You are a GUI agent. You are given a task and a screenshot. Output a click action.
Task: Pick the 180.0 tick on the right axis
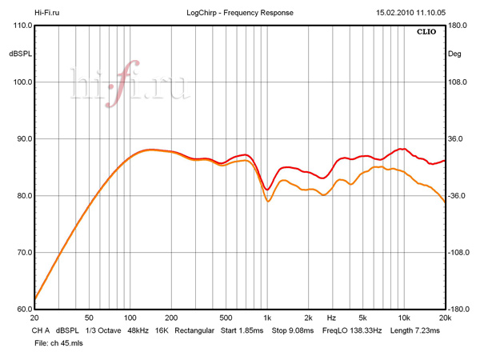pos(459,26)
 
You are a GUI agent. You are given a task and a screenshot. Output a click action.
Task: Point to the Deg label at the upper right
pos(455,54)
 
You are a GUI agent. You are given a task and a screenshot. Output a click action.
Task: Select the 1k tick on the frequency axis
pos(268,318)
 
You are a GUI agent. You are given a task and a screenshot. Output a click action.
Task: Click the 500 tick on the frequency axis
pos(226,318)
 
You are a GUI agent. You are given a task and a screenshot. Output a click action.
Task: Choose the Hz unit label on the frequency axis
pos(331,318)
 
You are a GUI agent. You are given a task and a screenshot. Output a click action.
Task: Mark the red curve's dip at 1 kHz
pos(268,190)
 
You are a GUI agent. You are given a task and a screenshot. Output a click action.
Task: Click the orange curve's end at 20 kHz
pos(444,202)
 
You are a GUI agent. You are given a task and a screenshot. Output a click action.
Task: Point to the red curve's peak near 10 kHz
pos(402,149)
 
